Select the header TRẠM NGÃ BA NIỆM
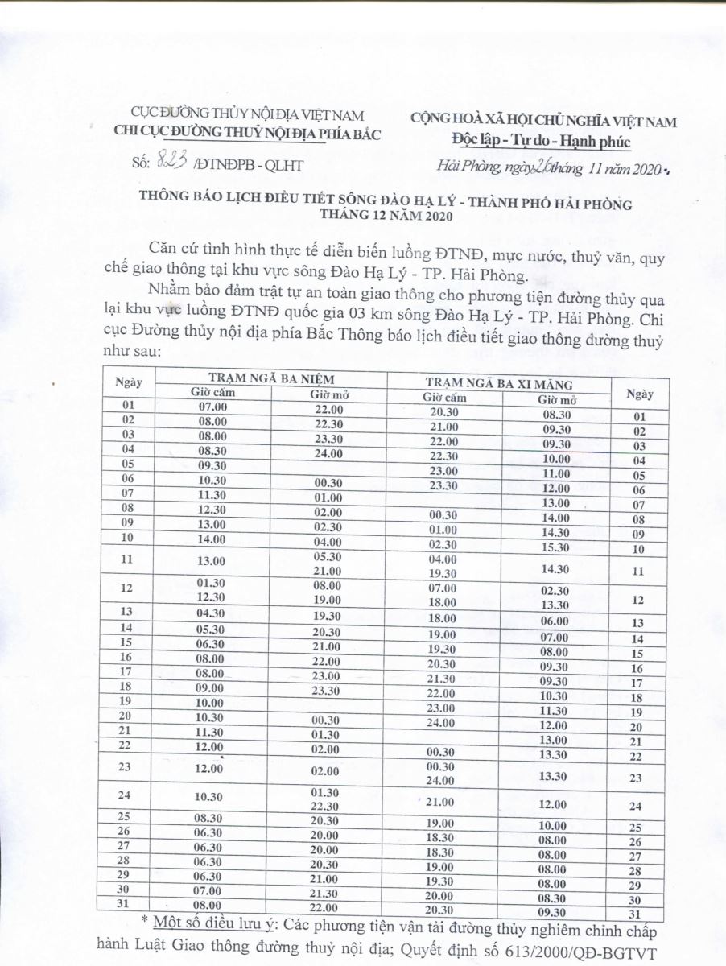point(270,378)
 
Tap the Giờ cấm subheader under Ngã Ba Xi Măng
point(444,398)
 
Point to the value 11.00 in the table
point(554,473)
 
